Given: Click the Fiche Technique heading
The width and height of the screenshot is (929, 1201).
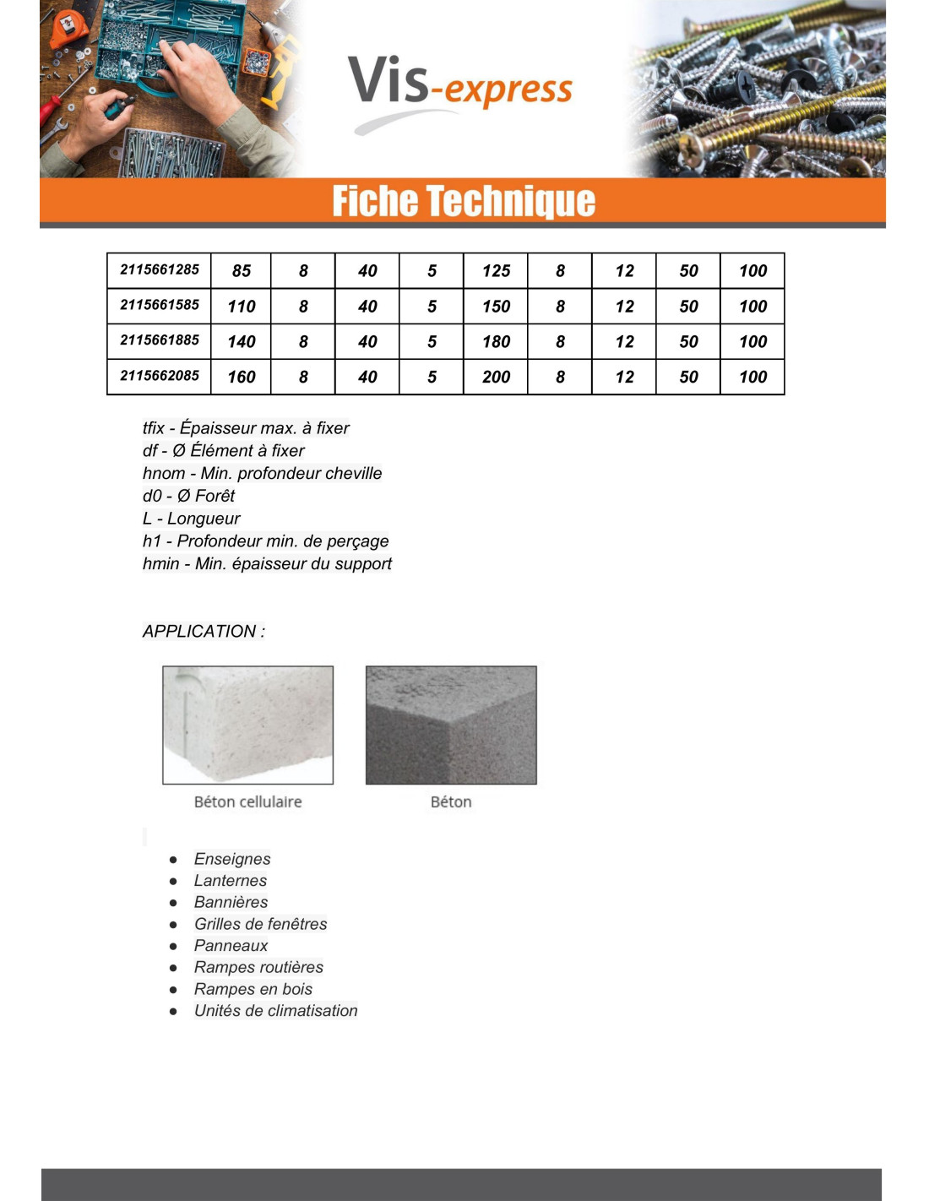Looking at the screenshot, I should [x=464, y=201].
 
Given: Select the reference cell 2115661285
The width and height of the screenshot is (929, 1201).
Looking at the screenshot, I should [x=160, y=270].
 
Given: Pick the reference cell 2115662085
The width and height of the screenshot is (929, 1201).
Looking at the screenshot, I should [x=160, y=376].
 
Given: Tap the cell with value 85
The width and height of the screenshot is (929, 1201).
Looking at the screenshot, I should [x=242, y=271].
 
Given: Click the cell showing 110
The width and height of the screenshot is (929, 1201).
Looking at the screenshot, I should [x=242, y=307].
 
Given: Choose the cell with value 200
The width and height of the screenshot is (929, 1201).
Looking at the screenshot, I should [x=496, y=377].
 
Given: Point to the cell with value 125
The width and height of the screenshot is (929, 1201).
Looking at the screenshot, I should [x=496, y=271].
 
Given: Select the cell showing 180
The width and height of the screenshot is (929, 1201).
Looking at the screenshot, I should [x=496, y=341].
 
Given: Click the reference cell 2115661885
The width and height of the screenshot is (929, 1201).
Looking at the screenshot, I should [x=160, y=340].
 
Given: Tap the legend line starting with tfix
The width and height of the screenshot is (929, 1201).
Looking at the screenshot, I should [x=246, y=428].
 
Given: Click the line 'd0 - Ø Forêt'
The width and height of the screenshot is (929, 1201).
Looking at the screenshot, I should [x=189, y=496].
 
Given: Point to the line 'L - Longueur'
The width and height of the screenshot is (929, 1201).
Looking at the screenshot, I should [x=192, y=519].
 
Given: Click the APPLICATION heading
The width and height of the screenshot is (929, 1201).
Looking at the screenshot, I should [x=204, y=631].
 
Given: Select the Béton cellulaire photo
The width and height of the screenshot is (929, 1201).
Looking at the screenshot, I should [x=248, y=725].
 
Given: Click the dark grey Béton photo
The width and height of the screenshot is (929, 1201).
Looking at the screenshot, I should [x=451, y=725].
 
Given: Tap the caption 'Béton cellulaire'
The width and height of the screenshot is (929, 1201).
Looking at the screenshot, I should [x=247, y=802].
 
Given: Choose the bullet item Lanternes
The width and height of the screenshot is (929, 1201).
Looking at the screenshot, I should [x=231, y=880].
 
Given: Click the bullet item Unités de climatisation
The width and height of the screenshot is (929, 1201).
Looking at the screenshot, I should [x=276, y=1010].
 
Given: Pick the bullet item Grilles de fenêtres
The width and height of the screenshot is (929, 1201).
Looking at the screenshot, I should [x=261, y=924].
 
